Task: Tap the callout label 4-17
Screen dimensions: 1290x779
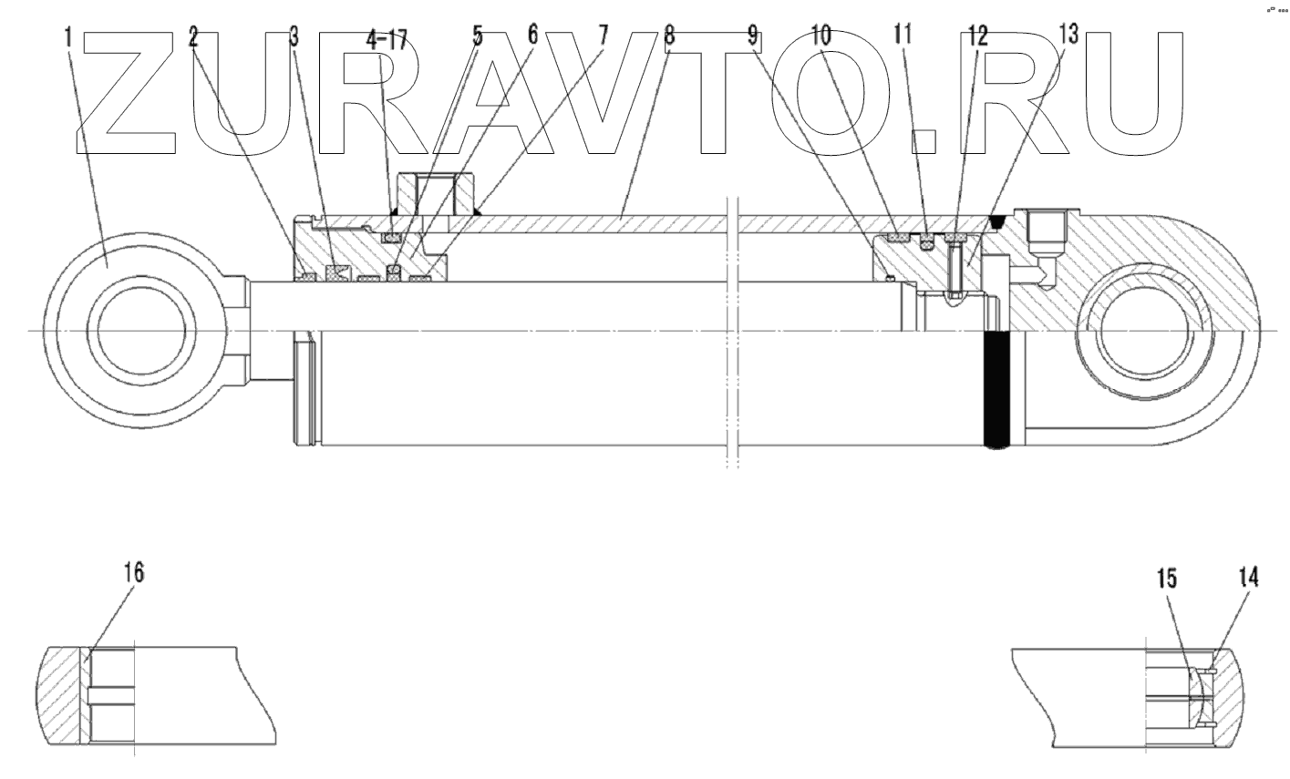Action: [387, 38]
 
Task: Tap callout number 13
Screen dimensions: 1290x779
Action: [1068, 36]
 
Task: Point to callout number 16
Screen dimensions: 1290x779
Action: [133, 573]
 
